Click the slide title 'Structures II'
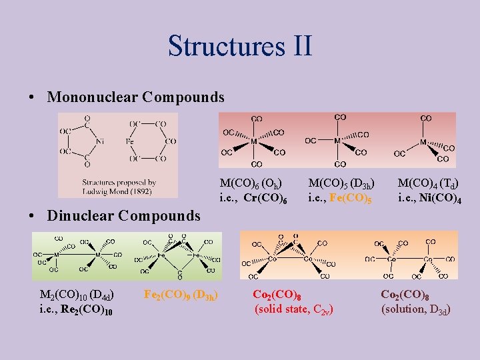240,46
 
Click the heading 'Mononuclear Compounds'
135,97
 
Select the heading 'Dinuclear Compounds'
123,215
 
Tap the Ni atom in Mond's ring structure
100,141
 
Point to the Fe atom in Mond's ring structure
130,141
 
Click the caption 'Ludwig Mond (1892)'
117,191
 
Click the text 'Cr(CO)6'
265,198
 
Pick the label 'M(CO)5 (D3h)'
341,183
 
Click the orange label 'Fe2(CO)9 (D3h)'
182,294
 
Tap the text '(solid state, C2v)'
294,309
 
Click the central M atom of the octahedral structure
255,141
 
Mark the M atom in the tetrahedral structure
424,142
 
